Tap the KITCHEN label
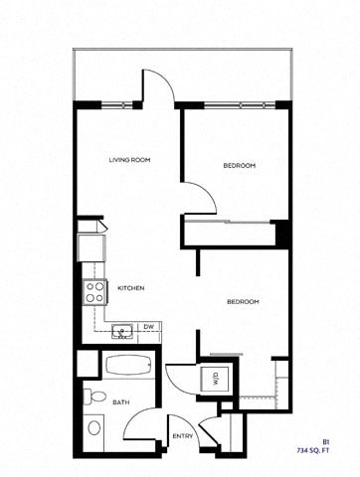pos(132,287)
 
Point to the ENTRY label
pos(182,435)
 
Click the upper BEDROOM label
pos(239,165)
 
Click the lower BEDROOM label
pos(243,301)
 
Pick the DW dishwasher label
pos(148,327)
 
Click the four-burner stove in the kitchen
pos(95,290)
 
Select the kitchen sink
pos(122,330)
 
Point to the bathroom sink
pos(94,428)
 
